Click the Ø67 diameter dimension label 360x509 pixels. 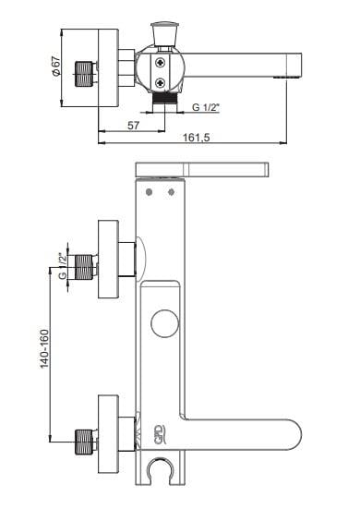pos(56,67)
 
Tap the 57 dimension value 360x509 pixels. pos(133,126)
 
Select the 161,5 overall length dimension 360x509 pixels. pos(197,138)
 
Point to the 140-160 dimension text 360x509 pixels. pos(44,349)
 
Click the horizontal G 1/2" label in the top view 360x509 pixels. pos(206,107)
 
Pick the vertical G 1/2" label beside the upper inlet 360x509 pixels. pos(63,265)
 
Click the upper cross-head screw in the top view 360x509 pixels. pos(160,63)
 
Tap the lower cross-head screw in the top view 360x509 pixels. pos(160,83)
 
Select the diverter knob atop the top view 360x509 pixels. pos(165,33)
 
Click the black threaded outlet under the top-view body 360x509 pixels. pos(165,97)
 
